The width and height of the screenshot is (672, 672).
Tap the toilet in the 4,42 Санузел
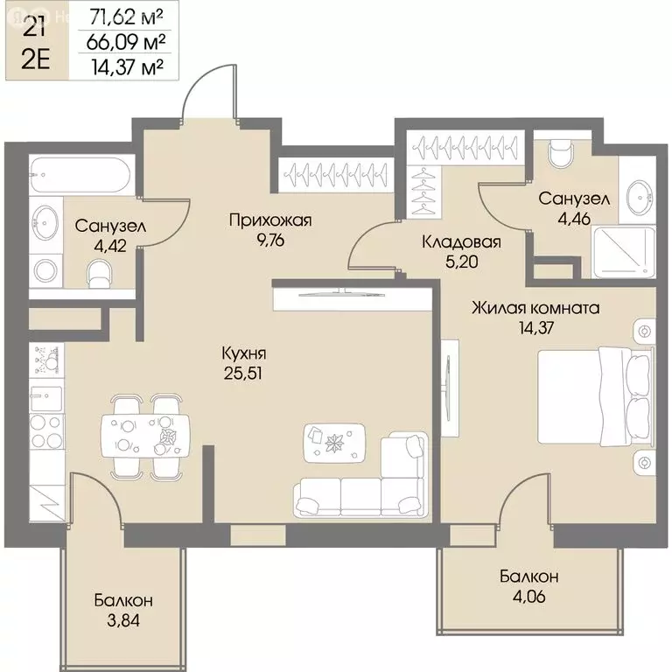(99, 274)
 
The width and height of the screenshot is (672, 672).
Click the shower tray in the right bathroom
(624, 252)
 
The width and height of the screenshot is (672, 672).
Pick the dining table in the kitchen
(145, 437)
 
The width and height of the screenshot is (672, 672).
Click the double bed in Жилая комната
(596, 396)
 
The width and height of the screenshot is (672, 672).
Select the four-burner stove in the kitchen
(46, 431)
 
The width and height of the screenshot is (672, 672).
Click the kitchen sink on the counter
(45, 399)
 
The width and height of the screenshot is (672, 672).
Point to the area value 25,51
(243, 374)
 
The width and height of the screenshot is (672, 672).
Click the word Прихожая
(270, 220)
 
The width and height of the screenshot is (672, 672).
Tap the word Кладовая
(462, 242)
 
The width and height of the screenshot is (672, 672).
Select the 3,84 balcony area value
(123, 620)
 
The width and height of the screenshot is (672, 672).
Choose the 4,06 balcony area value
(528, 596)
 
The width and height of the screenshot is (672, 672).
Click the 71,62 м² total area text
(126, 17)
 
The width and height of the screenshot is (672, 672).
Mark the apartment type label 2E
(36, 60)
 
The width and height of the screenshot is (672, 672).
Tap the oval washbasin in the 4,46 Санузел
(640, 197)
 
